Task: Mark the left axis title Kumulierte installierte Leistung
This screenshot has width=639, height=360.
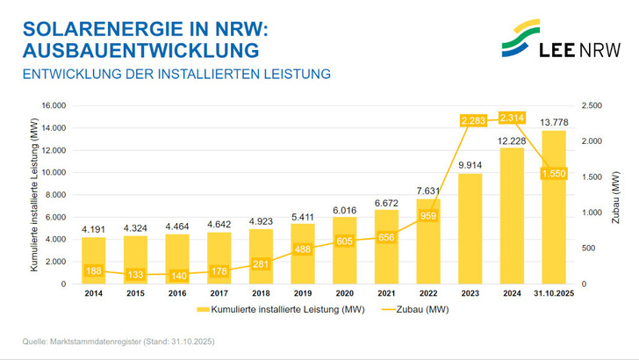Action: (33, 195)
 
